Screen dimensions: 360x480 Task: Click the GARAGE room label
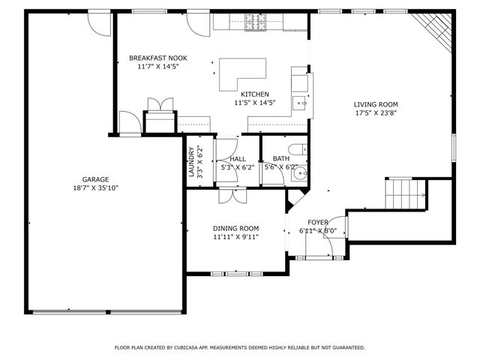click(95, 179)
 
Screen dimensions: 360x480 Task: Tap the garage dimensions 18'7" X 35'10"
click(95, 188)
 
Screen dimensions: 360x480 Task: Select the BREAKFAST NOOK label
click(157, 58)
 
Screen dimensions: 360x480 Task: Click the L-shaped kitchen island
click(241, 72)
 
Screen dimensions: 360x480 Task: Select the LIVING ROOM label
click(376, 104)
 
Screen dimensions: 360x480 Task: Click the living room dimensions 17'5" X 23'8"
click(376, 114)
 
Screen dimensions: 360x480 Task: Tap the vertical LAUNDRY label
click(191, 162)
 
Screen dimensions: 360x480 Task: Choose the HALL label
click(238, 159)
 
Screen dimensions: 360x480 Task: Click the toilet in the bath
click(295, 148)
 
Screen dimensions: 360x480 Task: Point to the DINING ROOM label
click(236, 228)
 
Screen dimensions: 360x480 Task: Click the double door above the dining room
click(229, 196)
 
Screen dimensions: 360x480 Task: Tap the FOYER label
click(317, 222)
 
